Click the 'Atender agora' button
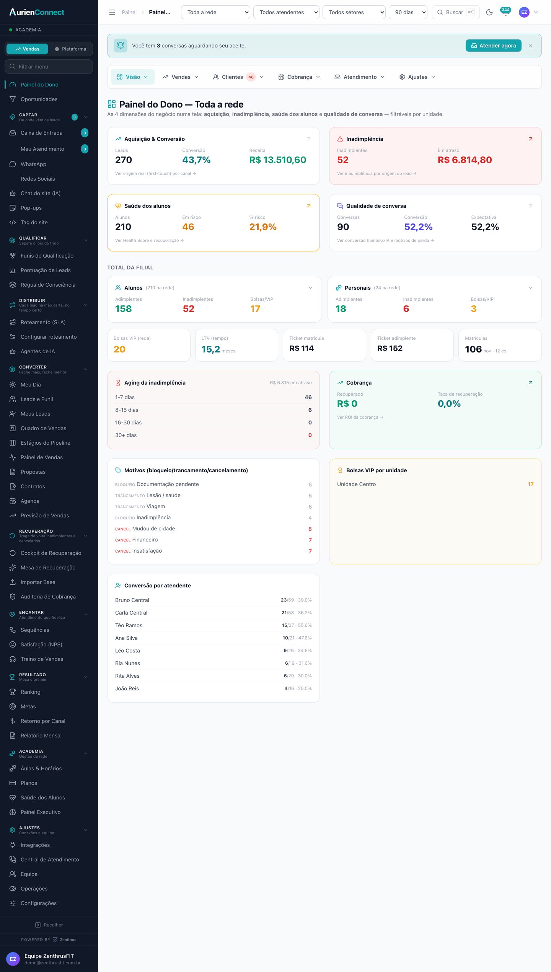point(493,46)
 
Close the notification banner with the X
point(531,46)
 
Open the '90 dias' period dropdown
point(408,12)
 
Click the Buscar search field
point(455,12)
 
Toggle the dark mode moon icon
point(489,12)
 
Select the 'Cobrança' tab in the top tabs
point(299,77)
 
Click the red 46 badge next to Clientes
point(251,77)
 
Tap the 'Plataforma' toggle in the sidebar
point(70,49)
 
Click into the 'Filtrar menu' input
point(49,67)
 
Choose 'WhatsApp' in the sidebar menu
point(33,164)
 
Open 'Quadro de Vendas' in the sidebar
point(43,428)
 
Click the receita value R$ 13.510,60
point(278,160)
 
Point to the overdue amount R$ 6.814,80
point(465,160)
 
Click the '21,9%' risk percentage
point(263,227)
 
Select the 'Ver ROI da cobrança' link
point(360,417)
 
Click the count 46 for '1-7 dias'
point(308,397)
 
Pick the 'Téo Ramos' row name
point(129,625)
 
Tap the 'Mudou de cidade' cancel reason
point(153,528)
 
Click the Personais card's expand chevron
point(531,288)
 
